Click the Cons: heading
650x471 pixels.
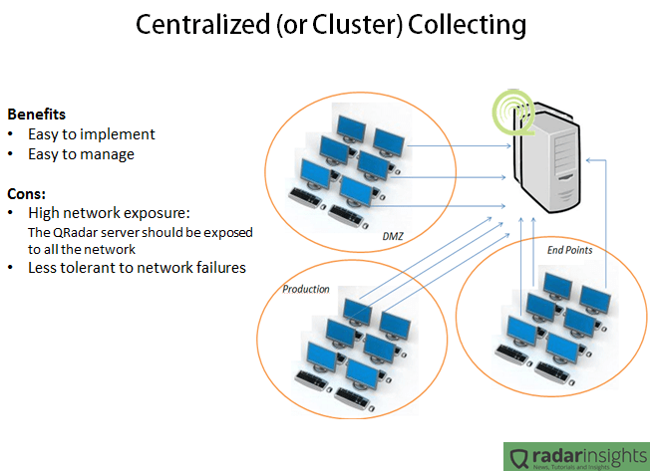pos(28,193)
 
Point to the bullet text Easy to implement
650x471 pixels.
pos(91,134)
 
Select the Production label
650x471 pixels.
pos(305,290)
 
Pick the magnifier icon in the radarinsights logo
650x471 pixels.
pos(519,457)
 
